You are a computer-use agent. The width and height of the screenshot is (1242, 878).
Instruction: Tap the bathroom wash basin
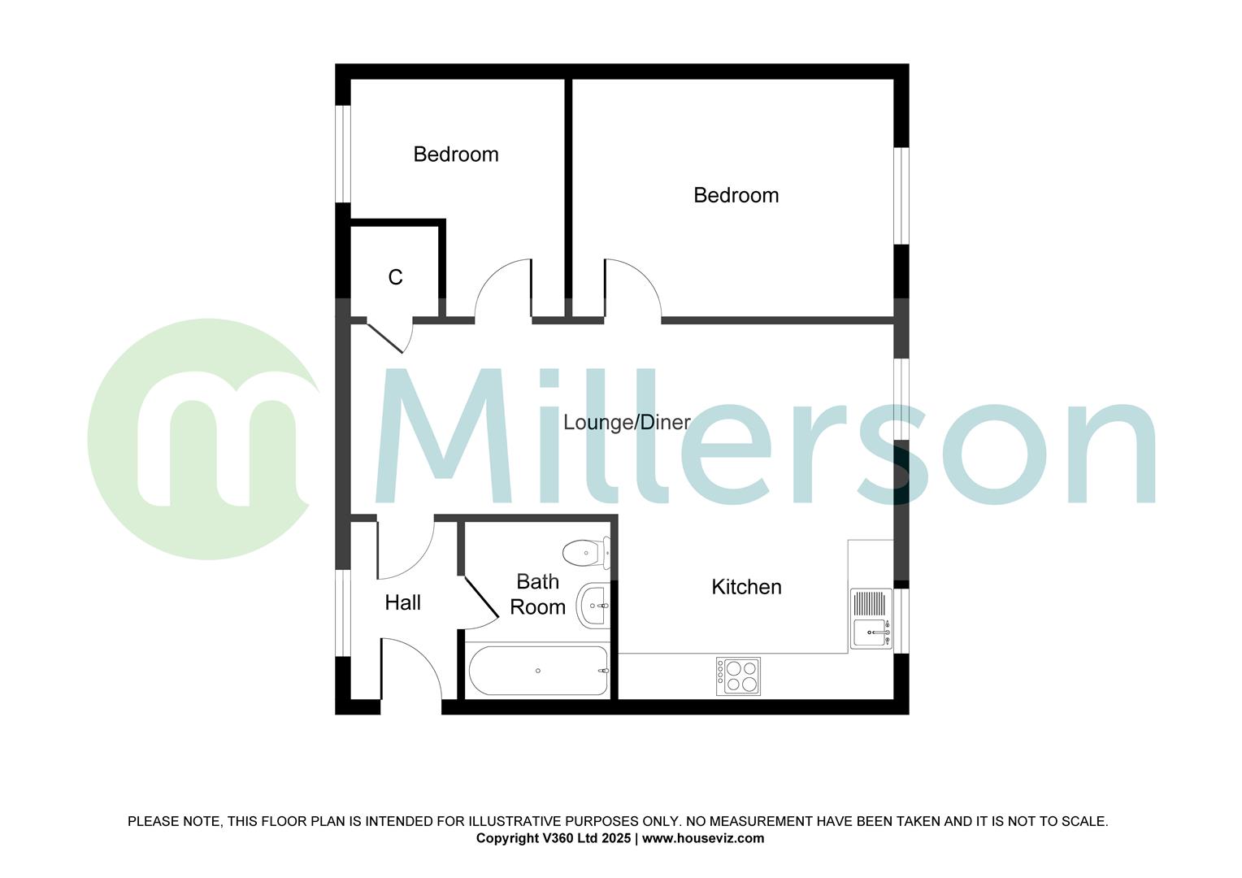pos(593,606)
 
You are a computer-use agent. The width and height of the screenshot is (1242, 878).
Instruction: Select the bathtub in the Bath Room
pos(538,671)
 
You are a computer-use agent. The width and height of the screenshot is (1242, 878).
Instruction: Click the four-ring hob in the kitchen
pos(738,676)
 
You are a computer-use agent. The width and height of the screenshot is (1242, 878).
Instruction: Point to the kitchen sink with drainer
pos(871,619)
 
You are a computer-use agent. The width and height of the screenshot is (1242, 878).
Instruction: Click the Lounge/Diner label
pos(627,423)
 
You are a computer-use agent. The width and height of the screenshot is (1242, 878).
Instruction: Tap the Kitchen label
pos(746,587)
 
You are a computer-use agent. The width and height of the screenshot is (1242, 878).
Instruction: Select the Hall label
pos(402,602)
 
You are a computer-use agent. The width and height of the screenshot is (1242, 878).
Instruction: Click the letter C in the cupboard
pos(395,278)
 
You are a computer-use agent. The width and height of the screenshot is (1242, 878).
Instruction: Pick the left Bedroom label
pos(455,154)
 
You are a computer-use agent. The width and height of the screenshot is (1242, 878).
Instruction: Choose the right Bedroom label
pos(736,195)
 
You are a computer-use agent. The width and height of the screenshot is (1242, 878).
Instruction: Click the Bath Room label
pos(537,594)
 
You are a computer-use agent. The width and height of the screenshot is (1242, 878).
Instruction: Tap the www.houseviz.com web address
pos(703,838)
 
